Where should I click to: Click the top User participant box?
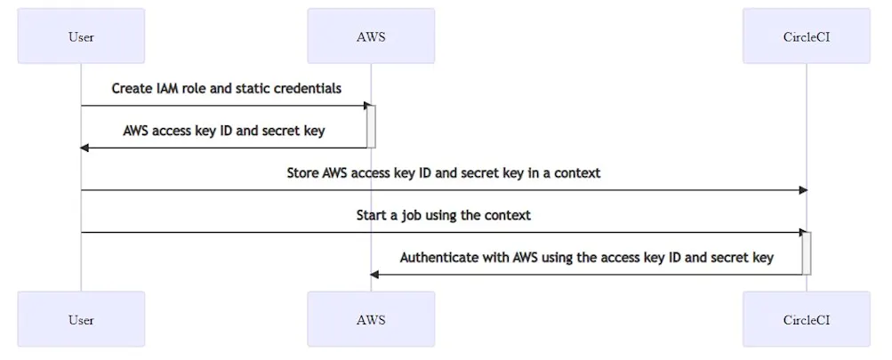click(x=81, y=36)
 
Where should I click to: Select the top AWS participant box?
click(x=371, y=36)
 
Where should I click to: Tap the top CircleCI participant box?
click(x=807, y=36)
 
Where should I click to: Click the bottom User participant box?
click(x=81, y=320)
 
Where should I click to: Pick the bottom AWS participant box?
click(x=371, y=320)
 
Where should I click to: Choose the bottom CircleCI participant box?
click(x=807, y=320)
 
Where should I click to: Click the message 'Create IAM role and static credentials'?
click(x=226, y=89)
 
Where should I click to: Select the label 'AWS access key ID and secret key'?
click(x=223, y=131)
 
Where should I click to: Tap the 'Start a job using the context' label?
click(x=443, y=216)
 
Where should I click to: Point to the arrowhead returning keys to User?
click(x=85, y=148)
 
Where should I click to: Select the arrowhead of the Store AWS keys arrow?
click(x=802, y=190)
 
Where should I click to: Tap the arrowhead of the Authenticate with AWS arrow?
click(x=375, y=275)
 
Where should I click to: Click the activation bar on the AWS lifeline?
click(x=372, y=126)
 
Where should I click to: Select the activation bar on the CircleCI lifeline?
click(x=808, y=253)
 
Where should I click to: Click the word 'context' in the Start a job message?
click(x=507, y=216)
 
